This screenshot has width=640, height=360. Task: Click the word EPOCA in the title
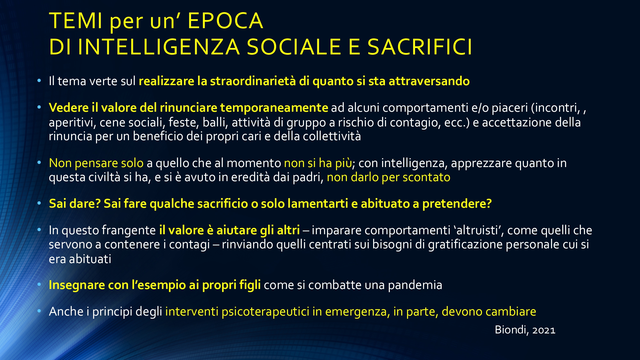pos(225,21)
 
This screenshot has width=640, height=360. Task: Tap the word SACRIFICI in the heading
pos(420,47)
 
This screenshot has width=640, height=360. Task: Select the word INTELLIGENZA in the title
pos(159,47)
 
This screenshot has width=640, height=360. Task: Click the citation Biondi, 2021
pos(525,330)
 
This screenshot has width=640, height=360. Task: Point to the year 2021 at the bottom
pos(544,330)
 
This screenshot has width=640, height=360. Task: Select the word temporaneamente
pos(274,108)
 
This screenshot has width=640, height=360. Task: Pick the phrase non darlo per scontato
pos(388,177)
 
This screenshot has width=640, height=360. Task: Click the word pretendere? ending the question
pos(457,204)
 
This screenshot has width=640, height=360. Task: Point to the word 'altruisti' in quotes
pos(478,230)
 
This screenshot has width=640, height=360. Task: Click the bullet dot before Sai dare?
pos(39,203)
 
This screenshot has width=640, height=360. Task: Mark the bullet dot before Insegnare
pos(39,284)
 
